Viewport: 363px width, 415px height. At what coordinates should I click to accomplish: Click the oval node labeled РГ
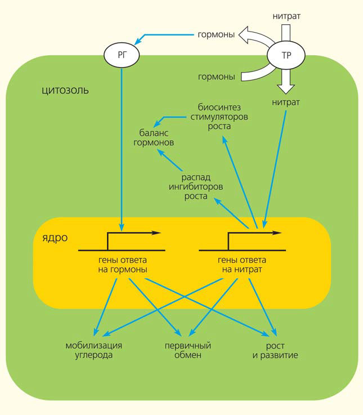tap(121, 55)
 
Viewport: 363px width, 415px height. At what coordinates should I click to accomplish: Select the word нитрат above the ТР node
tap(286, 16)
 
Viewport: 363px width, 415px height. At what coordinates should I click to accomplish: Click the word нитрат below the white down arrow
tap(285, 102)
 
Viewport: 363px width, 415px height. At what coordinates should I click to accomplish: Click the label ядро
tap(54, 238)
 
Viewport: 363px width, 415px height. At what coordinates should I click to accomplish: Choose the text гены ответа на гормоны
tap(122, 265)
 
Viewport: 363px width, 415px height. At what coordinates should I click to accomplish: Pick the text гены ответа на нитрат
tap(242, 265)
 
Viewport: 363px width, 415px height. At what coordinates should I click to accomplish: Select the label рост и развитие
tap(275, 350)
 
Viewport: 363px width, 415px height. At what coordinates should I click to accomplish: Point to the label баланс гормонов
tap(154, 138)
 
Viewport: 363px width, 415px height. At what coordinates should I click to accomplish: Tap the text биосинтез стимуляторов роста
tap(223, 116)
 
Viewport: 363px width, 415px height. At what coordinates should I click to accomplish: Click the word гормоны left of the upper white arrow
tap(216, 35)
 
